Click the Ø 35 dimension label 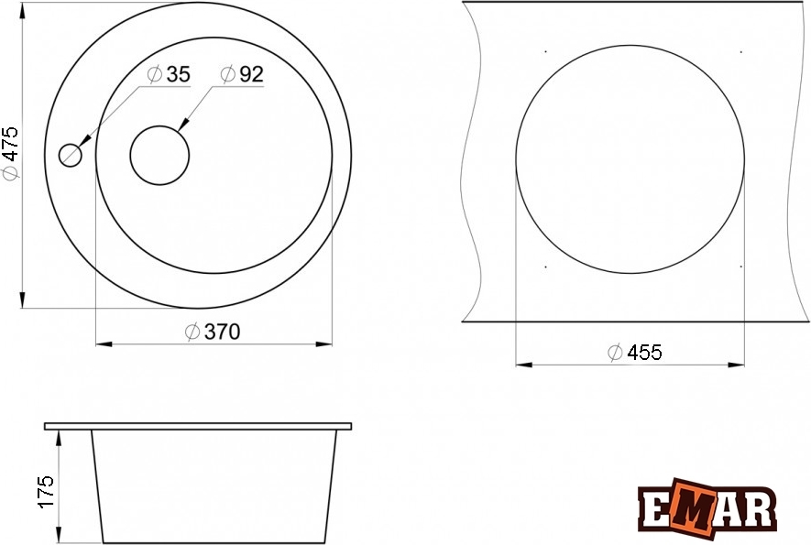click(169, 74)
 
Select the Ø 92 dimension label click(242, 74)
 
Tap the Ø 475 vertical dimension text click(10, 154)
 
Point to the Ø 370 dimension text click(213, 332)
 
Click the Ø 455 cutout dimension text click(635, 353)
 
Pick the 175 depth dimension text click(46, 492)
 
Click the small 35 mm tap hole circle click(71, 155)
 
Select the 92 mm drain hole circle click(159, 155)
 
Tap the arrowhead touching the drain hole click(183, 125)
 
